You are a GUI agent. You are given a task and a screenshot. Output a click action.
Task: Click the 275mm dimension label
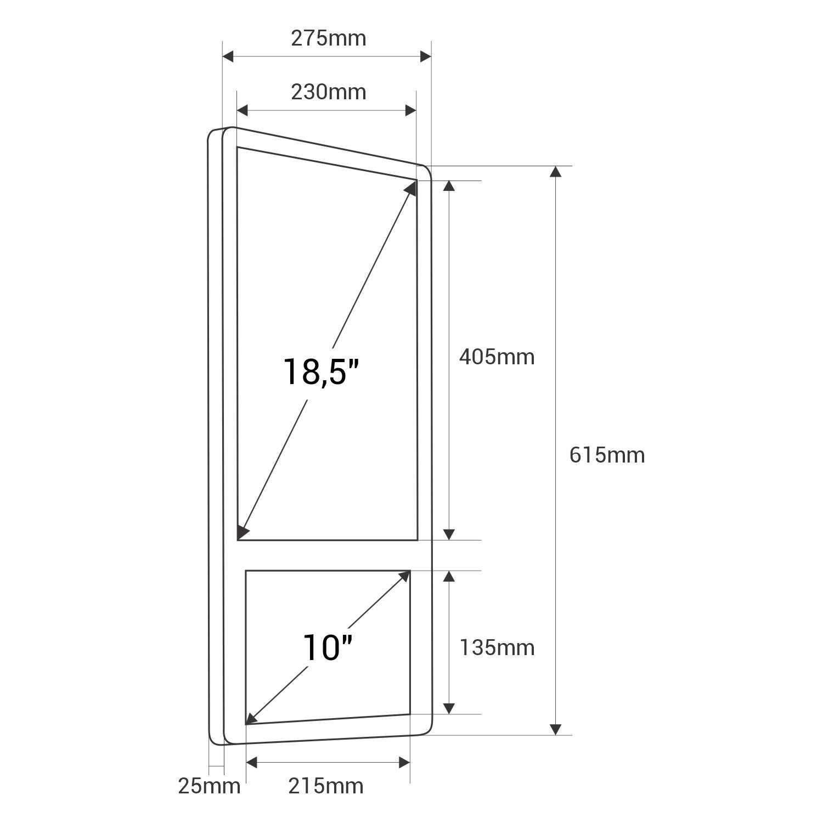328,38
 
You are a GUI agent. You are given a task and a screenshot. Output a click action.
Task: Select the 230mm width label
328,92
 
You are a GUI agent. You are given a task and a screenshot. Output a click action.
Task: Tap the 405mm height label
497,357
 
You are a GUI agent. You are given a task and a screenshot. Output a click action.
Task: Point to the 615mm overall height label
607,455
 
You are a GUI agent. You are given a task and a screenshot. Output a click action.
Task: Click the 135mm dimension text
497,648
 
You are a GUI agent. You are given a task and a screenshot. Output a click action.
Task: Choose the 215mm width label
326,786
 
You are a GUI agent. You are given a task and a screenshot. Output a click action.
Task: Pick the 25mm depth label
209,786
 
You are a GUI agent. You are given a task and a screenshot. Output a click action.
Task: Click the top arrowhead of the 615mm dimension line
556,172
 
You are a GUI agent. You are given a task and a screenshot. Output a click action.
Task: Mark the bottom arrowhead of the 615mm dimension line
556,729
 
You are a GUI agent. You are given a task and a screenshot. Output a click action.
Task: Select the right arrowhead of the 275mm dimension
425,56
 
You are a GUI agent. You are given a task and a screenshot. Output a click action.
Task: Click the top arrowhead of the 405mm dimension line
449,186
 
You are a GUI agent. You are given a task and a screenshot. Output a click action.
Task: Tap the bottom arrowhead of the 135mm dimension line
449,708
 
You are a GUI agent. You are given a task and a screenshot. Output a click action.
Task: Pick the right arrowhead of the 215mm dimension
404,762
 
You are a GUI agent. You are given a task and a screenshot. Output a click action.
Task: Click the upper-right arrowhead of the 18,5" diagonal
411,188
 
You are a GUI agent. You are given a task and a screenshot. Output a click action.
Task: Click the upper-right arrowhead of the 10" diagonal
405,576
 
